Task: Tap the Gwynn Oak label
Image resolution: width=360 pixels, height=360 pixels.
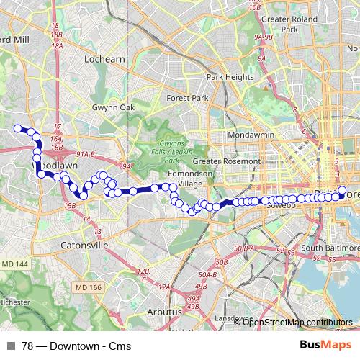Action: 109,107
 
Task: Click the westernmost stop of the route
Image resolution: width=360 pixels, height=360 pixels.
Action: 19,128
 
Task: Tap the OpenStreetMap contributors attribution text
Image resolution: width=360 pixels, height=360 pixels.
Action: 297,322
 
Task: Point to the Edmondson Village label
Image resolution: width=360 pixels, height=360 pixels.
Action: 189,179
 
